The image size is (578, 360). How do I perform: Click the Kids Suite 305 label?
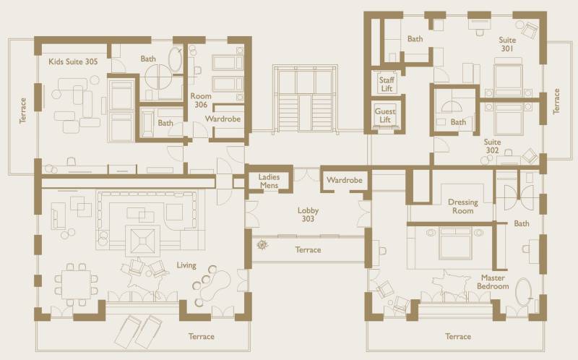(73, 61)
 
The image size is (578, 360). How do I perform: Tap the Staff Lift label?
(387, 84)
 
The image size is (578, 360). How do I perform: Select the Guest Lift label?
(385, 116)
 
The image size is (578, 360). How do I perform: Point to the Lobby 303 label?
(309, 214)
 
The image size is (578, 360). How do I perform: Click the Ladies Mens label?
(269, 181)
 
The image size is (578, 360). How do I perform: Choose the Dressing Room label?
(463, 206)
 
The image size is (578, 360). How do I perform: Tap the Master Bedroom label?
(493, 282)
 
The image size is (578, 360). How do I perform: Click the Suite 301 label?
(507, 44)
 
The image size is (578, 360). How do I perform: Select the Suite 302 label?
(493, 146)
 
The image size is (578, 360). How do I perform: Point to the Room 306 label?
(201, 100)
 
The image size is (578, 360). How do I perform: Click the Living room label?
(186, 265)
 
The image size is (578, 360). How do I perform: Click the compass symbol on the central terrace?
(262, 244)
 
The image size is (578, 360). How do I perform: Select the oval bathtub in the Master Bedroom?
(523, 292)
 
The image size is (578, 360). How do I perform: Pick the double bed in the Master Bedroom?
(455, 243)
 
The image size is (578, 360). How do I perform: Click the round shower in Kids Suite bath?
(159, 77)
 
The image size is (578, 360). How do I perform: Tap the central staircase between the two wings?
(305, 98)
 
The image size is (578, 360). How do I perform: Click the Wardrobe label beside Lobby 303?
(345, 181)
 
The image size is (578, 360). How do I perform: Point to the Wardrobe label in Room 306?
(223, 119)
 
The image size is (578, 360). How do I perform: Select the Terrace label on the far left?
(23, 111)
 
